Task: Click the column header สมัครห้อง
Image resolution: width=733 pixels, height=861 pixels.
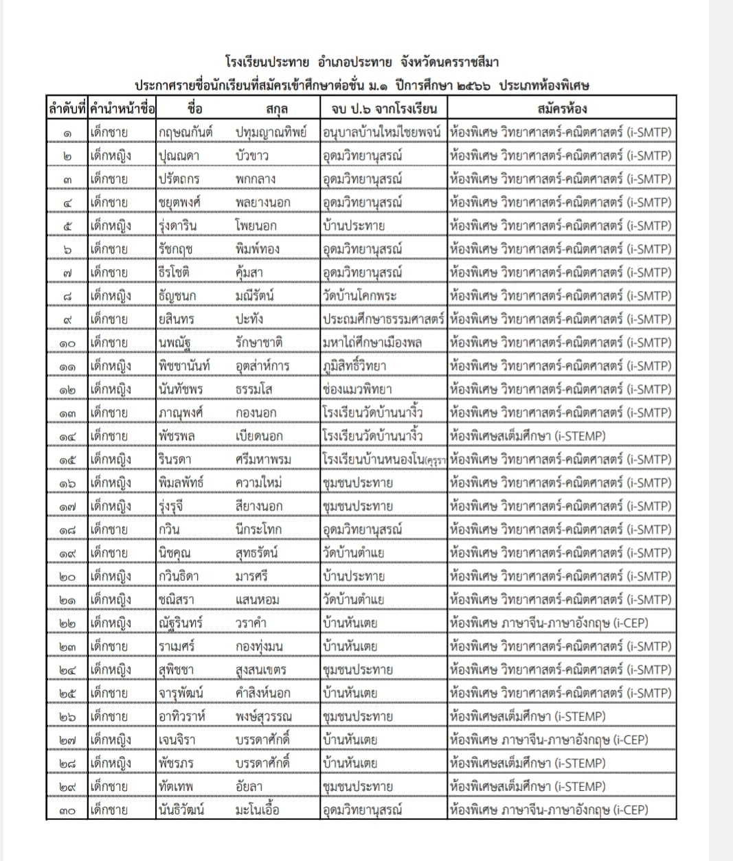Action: click(x=561, y=108)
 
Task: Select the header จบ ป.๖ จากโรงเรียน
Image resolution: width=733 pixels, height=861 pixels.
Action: click(x=383, y=108)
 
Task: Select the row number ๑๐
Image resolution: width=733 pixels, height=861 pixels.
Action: click(x=67, y=343)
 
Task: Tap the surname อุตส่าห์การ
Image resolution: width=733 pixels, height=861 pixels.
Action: click(x=262, y=366)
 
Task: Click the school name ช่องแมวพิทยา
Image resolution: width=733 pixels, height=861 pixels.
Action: click(x=357, y=389)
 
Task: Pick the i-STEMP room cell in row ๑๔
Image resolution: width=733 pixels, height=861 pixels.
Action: click(x=527, y=436)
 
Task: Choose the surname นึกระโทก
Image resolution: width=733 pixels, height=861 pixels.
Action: click(x=258, y=529)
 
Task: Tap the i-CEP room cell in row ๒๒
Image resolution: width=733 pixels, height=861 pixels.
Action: click(x=549, y=623)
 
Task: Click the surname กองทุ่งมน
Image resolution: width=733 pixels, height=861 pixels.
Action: click(x=259, y=647)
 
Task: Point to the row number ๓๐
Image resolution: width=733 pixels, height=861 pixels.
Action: click(x=67, y=810)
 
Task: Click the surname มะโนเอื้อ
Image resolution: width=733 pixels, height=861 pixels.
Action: click(x=258, y=810)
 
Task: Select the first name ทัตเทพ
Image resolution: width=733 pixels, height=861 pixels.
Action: click(x=176, y=787)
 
